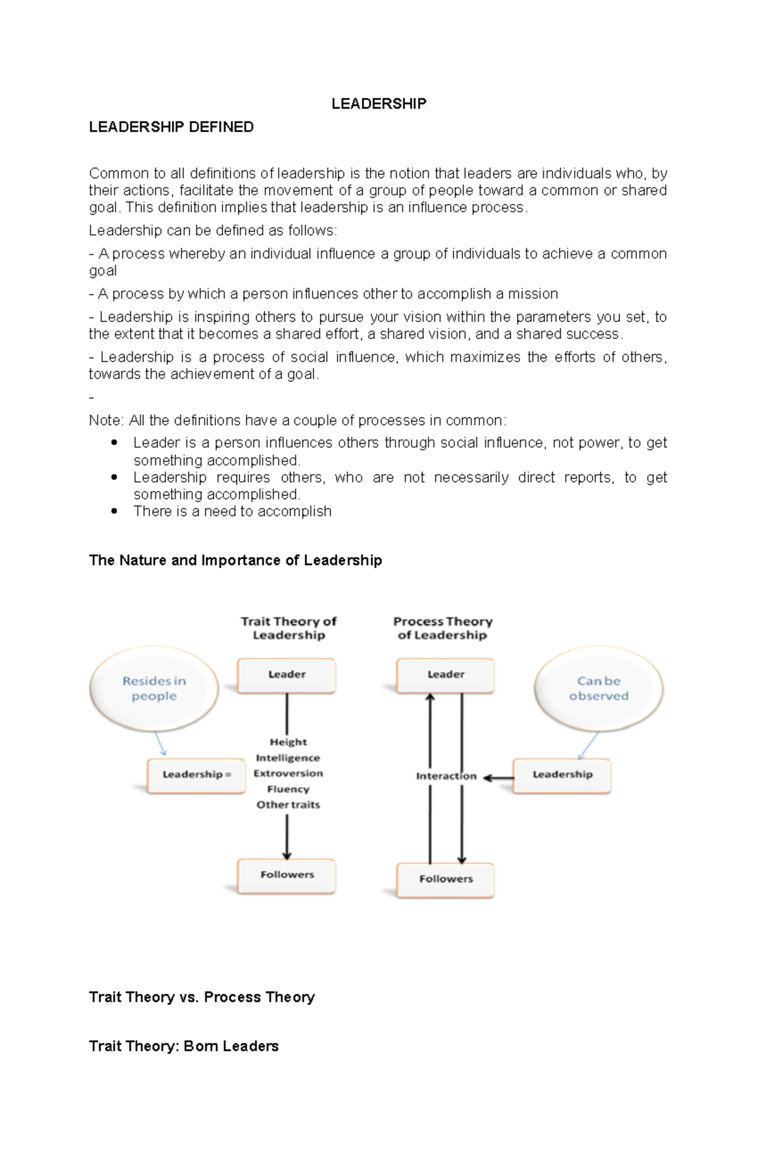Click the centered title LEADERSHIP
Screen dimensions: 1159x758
pos(379,104)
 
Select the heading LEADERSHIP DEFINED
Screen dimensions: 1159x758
pos(171,127)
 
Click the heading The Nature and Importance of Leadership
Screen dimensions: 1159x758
pos(236,560)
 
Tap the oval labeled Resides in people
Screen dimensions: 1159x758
pos(154,688)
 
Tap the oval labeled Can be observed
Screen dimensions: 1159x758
pos(599,688)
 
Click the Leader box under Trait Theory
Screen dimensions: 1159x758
pos(287,675)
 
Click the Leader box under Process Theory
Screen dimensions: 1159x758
pos(445,675)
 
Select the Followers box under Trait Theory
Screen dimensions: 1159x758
pos(287,875)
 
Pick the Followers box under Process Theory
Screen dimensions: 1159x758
pos(445,879)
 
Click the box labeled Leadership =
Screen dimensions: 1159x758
pos(196,775)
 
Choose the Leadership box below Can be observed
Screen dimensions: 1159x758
pos(562,775)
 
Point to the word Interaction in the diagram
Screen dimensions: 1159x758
pos(446,776)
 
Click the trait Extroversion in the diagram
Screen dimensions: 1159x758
pos(288,774)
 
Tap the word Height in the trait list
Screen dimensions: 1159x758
pos(288,742)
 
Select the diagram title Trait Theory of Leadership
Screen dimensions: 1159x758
pos(289,628)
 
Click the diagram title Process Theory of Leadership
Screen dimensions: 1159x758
pos(443,628)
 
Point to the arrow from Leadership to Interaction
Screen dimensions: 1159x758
pos(499,778)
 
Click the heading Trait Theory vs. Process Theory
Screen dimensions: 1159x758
pos(202,997)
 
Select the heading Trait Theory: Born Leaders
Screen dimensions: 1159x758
pos(184,1047)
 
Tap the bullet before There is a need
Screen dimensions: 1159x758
pos(114,511)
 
